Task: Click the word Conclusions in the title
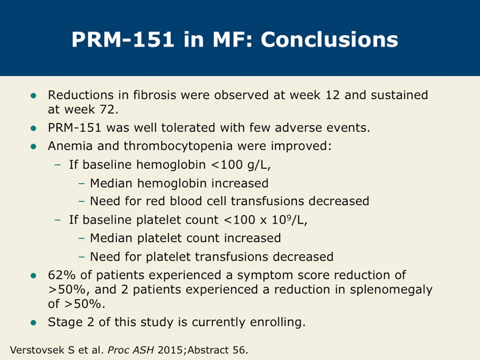[330, 38]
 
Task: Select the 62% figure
[62, 275]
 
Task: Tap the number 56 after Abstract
[239, 350]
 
